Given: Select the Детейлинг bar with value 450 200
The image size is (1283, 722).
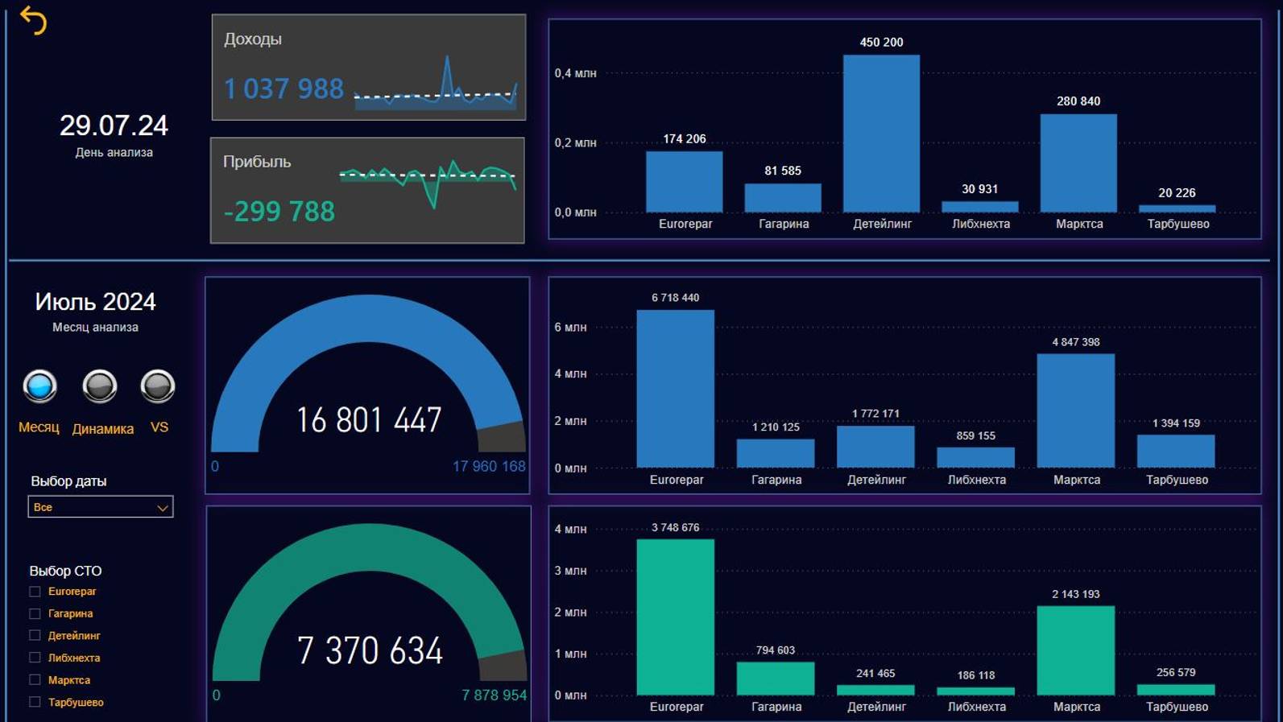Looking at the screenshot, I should point(881,134).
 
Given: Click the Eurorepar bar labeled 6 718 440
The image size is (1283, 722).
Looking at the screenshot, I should point(675,389).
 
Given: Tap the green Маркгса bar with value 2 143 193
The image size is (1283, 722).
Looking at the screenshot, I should point(1075,650).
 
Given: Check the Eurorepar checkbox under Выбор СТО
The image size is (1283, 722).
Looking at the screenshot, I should point(35,592).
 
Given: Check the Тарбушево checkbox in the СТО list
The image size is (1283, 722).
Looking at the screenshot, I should point(35,702).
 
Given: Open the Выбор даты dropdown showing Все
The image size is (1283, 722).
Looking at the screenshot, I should point(101,507).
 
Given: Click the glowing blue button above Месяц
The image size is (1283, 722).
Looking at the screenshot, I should point(39,386).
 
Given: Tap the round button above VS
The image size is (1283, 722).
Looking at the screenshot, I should point(158,386).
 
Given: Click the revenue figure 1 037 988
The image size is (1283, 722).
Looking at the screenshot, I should point(284,89).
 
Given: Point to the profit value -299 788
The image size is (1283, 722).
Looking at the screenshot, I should point(279,212).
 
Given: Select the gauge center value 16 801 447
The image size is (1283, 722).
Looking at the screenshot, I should point(369,420).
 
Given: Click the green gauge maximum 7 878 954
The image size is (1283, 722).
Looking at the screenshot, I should point(494,695).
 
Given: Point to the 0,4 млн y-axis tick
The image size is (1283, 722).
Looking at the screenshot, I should point(575,73).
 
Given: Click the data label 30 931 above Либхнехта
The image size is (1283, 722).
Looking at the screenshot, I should point(979,189).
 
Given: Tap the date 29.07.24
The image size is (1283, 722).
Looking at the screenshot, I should point(114,126).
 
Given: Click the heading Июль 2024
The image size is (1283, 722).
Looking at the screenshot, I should point(95,302).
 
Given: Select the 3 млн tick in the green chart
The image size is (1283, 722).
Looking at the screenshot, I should point(570,571).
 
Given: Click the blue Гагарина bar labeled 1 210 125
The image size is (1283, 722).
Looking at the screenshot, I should point(775,453).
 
